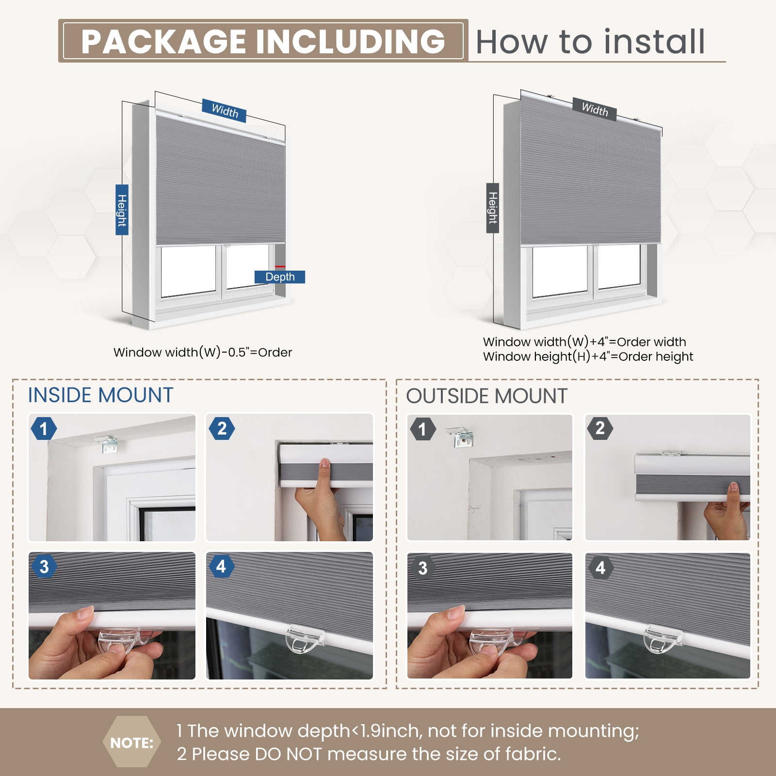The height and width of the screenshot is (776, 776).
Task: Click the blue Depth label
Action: (x=280, y=277)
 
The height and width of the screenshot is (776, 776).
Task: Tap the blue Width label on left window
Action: (x=225, y=111)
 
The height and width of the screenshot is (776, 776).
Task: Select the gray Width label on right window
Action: (x=595, y=110)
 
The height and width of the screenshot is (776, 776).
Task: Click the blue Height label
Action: (x=122, y=210)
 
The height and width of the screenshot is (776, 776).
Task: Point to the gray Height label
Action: (x=493, y=208)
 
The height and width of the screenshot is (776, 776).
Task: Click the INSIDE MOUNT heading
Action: (x=100, y=395)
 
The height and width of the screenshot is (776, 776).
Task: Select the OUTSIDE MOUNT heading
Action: (x=486, y=396)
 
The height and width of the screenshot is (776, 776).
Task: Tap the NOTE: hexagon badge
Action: (x=131, y=743)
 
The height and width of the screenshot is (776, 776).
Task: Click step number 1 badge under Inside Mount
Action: (x=44, y=429)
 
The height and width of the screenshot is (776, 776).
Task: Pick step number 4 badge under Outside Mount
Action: (x=600, y=567)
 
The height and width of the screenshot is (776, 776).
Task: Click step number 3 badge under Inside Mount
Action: (x=44, y=566)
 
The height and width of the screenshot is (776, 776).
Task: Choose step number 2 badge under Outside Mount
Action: (x=600, y=428)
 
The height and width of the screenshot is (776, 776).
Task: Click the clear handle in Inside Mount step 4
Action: (x=301, y=638)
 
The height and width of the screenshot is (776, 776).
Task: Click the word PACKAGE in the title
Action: (x=164, y=41)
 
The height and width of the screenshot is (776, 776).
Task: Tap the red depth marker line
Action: (x=280, y=267)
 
